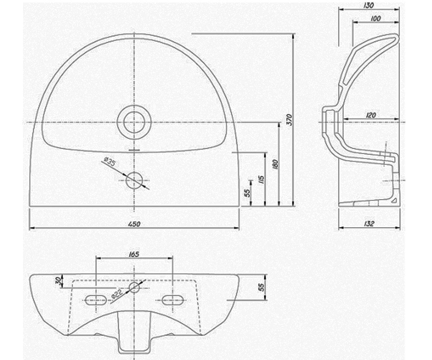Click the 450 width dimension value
(134, 224)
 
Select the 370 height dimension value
(289, 120)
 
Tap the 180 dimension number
(276, 164)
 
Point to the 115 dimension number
(261, 180)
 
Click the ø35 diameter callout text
(109, 161)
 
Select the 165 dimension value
(134, 254)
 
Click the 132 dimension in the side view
(369, 224)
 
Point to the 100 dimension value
(375, 19)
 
